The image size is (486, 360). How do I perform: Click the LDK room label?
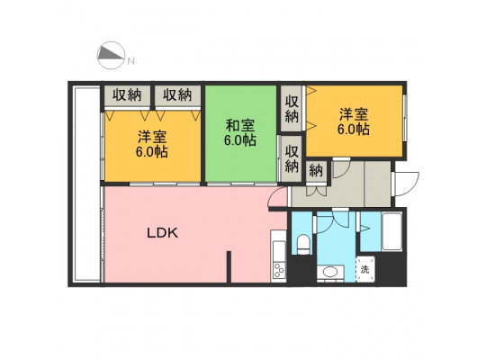(x=162, y=232)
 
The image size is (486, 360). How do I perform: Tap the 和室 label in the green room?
(x=240, y=126)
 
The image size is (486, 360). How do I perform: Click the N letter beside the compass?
(x=131, y=61)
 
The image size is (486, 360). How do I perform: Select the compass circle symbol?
(x=111, y=55)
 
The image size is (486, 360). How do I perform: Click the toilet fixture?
(x=302, y=244)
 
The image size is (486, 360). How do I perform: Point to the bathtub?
(x=391, y=231)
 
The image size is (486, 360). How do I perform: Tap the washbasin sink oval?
(x=330, y=272)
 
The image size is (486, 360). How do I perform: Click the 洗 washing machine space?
(x=365, y=269)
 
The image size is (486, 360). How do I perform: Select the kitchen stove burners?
(x=279, y=270)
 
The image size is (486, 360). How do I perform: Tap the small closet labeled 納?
(x=316, y=171)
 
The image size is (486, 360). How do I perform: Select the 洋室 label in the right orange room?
(x=354, y=114)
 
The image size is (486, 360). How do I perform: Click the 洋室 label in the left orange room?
(x=152, y=137)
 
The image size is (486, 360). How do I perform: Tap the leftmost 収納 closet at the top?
(x=127, y=95)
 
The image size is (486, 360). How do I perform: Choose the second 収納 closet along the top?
(x=177, y=95)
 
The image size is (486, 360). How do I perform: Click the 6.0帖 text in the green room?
(x=240, y=140)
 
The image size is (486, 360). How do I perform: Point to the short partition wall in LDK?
(x=229, y=266)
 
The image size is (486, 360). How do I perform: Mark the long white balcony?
(x=86, y=184)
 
